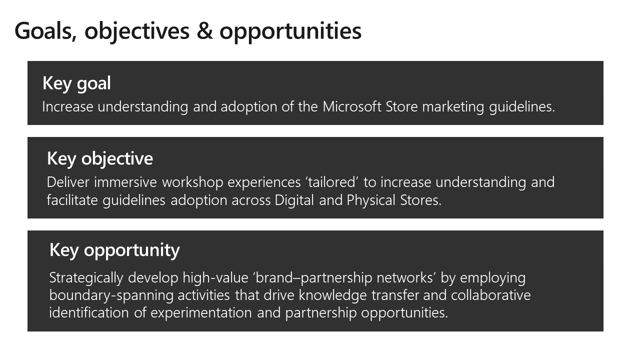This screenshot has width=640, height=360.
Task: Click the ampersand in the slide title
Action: pos(204,31)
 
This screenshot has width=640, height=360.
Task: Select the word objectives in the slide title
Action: pos(137,32)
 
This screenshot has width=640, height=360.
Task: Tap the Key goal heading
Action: pos(76,83)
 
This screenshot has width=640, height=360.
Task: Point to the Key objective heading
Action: pos(100,159)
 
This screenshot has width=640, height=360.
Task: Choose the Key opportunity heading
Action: pos(114,250)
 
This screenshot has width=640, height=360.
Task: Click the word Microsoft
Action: pos(351,106)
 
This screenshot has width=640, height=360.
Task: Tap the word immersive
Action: pos(125,182)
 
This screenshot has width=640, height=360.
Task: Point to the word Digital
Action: pos(294,200)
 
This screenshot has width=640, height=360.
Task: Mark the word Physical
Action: pos(371,200)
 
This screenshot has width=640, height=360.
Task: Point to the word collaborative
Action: pos(491,295)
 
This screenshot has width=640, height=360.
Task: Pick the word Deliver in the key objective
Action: pos(68,182)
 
